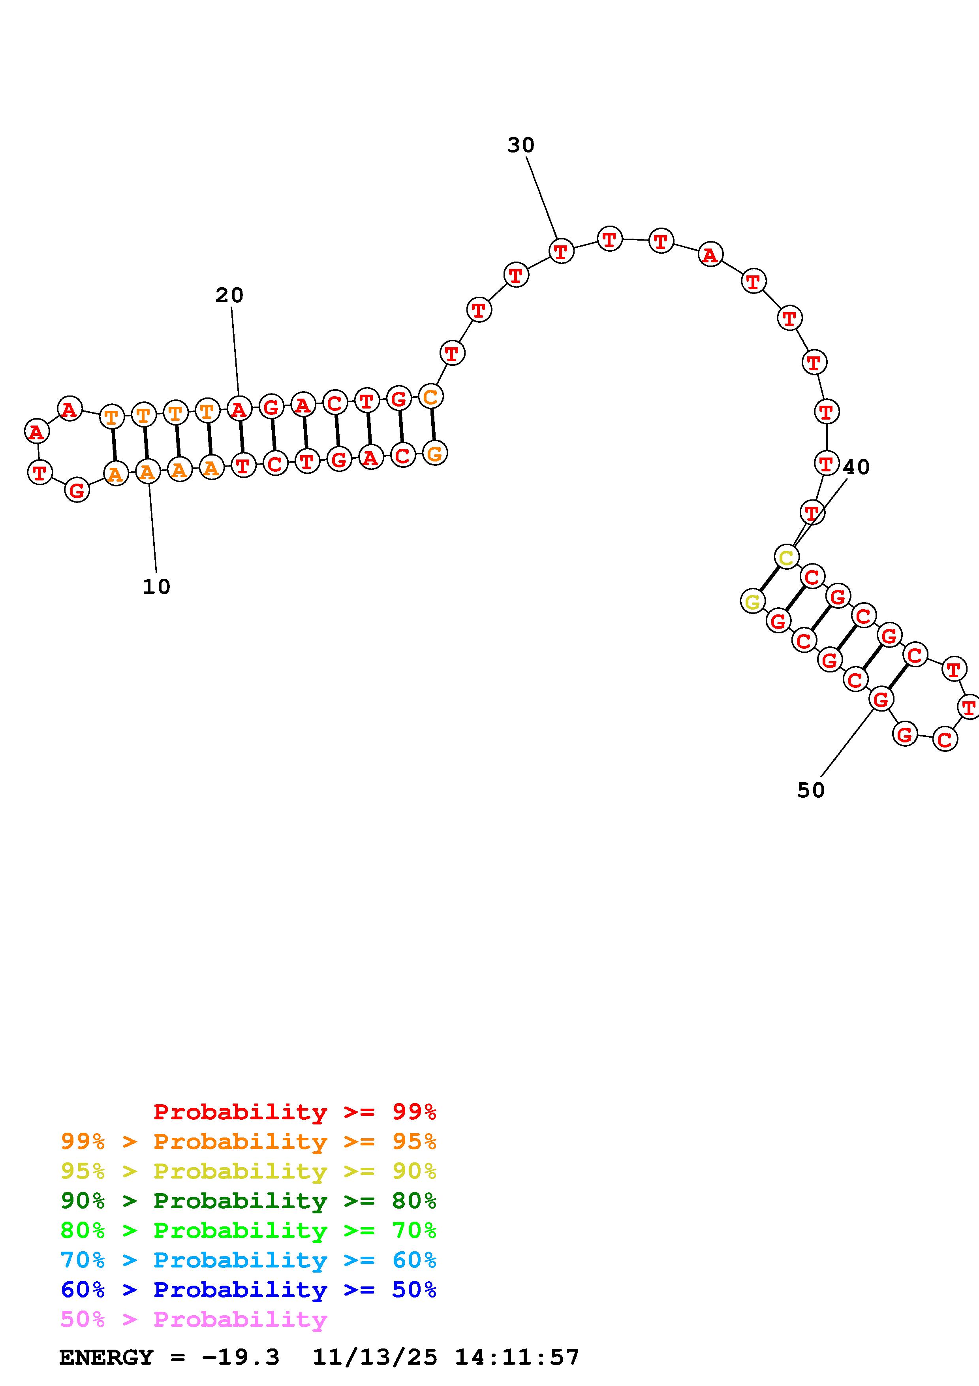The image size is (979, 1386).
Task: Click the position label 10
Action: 156,586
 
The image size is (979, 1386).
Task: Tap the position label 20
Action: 229,295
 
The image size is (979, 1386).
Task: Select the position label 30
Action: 521,145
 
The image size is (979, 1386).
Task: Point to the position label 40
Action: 856,467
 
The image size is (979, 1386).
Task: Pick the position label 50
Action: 811,790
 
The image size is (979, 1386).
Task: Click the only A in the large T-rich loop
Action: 710,255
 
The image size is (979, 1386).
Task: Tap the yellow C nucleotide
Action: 786,557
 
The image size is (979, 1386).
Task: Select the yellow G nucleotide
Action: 752,601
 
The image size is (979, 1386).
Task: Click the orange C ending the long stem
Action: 431,397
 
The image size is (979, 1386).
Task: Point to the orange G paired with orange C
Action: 434,453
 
